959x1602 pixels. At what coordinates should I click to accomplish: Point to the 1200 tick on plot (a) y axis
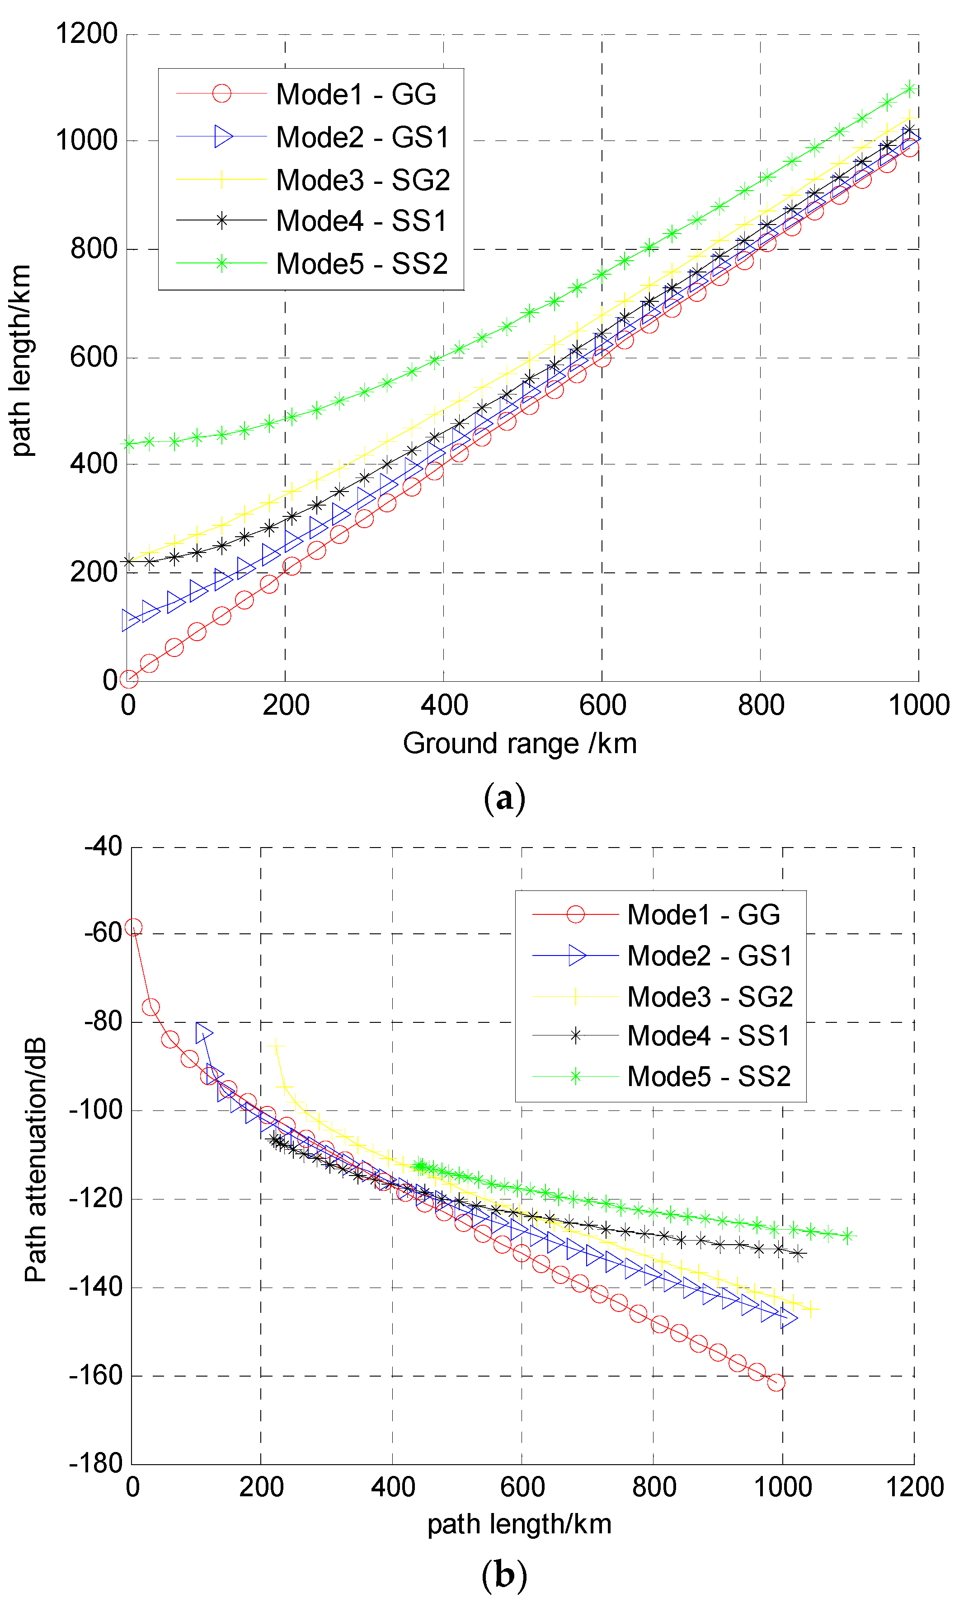tap(87, 33)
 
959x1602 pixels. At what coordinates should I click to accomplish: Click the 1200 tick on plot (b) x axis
tap(914, 1487)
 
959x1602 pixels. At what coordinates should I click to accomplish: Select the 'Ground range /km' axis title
tap(520, 744)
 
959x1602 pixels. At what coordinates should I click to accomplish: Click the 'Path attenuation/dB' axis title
tap(36, 1160)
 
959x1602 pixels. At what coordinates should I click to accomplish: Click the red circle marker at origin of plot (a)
tap(129, 679)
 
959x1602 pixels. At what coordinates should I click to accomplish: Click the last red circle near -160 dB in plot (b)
tap(776, 1383)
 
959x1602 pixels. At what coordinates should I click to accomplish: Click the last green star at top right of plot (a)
tap(910, 89)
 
